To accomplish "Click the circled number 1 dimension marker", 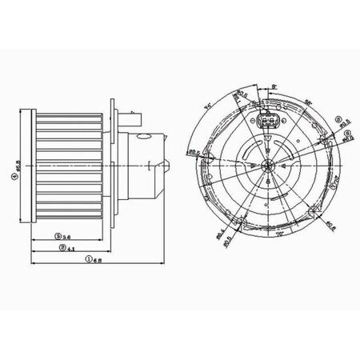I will (87, 260).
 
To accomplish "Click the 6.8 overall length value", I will (96, 260).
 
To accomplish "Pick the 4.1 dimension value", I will (71, 248).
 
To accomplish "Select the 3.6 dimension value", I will (69, 237).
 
